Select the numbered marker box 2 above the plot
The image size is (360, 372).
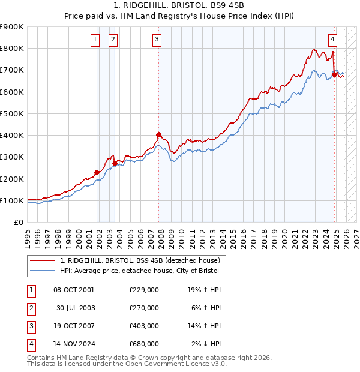tap(113, 40)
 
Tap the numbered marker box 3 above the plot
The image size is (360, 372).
tap(157, 40)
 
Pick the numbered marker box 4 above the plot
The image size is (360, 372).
tap(332, 40)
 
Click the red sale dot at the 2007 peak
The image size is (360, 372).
tap(158, 135)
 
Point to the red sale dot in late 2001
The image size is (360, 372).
tap(97, 173)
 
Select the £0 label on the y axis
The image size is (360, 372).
tap(19, 223)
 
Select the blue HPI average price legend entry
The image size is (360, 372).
tap(142, 271)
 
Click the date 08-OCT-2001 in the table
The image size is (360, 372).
tap(74, 290)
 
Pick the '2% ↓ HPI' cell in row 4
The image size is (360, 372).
tap(206, 344)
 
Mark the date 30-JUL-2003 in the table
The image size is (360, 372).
tap(75, 308)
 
